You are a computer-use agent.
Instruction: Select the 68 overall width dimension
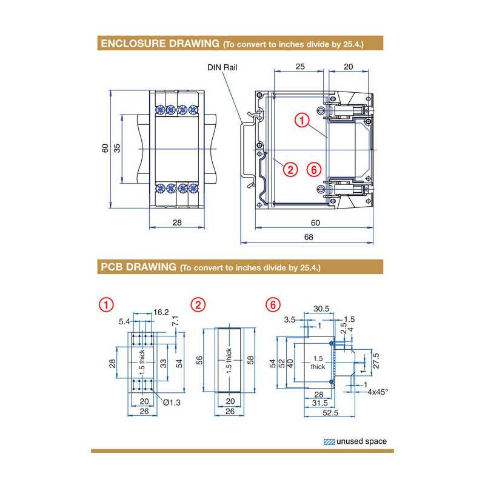309,237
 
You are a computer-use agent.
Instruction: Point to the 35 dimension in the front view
117,148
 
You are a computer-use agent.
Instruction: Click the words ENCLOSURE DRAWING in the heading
159,44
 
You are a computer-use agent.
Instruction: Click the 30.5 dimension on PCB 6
321,309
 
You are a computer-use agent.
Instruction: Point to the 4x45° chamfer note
377,392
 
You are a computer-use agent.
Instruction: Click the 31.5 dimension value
319,403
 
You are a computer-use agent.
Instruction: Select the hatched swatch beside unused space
328,441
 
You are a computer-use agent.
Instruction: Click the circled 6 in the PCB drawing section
273,304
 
